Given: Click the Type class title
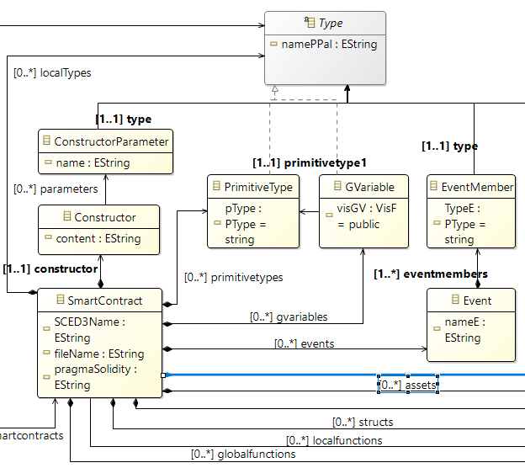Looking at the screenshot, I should click(x=330, y=24).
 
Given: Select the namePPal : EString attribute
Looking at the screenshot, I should click(x=331, y=44).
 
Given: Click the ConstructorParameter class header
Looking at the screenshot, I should click(x=111, y=141).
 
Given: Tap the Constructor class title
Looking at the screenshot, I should click(x=105, y=217).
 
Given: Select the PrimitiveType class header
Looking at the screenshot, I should click(x=259, y=187).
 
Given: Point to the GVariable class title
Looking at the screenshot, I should click(x=363, y=187).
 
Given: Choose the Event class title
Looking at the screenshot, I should click(x=477, y=300).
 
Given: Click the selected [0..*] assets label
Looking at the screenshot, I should click(x=407, y=385).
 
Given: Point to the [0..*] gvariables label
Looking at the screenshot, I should click(x=289, y=316).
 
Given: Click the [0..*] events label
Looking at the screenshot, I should click(x=305, y=343).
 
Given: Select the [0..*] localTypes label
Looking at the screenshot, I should click(x=52, y=72).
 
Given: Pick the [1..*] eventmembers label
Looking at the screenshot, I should click(x=431, y=274).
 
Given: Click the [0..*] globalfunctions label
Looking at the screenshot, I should click(x=243, y=454).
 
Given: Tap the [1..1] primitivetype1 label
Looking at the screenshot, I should click(x=310, y=162).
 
